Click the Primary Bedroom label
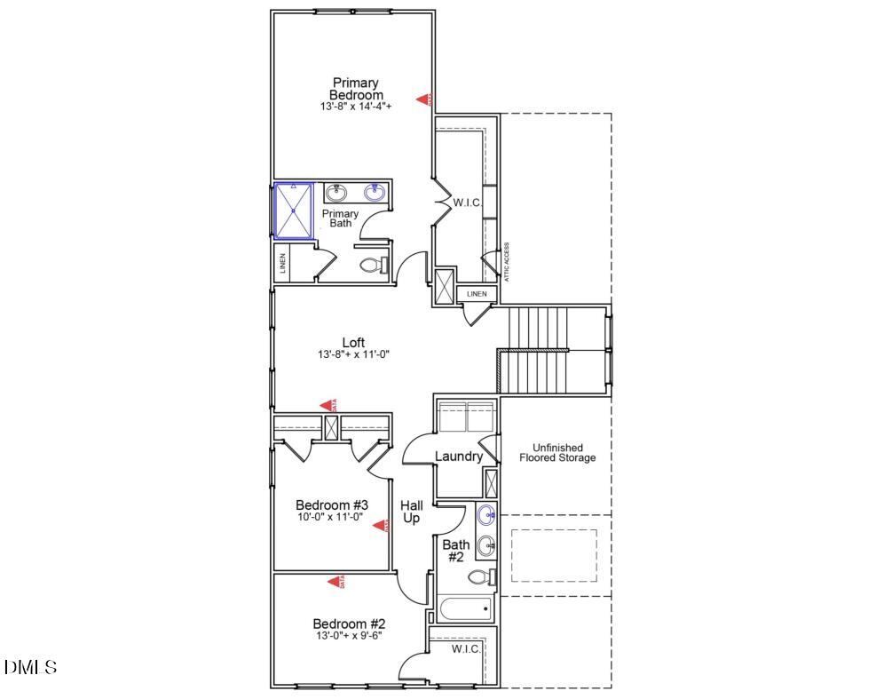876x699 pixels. point(355,89)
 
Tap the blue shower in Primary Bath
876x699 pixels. point(293,210)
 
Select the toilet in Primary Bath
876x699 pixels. point(373,265)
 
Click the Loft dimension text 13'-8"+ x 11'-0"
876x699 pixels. point(353,354)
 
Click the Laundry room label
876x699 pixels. point(459,457)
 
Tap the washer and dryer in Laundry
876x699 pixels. point(467,417)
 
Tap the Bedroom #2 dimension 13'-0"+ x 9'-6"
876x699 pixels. point(347,635)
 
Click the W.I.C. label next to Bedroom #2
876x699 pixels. point(465,649)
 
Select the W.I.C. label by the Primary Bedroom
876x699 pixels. point(467,203)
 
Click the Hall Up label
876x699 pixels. point(411,512)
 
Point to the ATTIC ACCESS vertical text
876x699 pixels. point(507,262)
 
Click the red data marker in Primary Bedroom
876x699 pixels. point(426,99)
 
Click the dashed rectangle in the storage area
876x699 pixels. point(553,555)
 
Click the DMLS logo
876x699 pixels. point(31,666)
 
